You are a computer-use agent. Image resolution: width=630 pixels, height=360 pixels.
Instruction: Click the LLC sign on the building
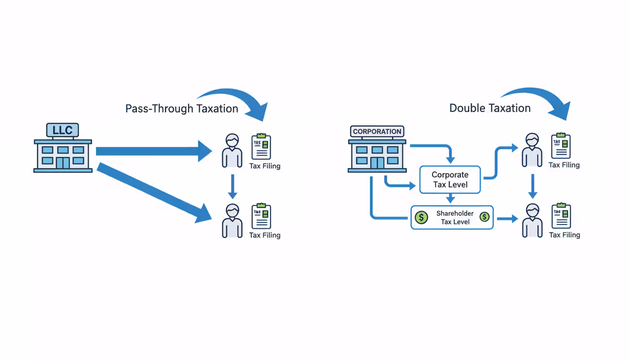(62, 130)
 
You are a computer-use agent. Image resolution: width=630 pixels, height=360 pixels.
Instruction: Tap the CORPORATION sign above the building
(377, 132)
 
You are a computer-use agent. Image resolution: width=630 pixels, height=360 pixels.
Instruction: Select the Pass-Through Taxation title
(181, 109)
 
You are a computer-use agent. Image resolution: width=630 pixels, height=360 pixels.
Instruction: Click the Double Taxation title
(490, 108)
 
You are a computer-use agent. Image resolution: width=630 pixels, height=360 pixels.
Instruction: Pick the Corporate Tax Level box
(450, 180)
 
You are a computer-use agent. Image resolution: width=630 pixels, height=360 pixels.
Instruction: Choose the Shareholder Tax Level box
(452, 217)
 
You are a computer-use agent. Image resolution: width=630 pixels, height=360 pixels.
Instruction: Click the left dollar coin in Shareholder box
(421, 217)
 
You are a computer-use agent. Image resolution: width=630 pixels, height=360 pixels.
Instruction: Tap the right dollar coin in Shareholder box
(484, 217)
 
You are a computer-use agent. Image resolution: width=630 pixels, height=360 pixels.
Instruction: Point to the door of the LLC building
(63, 162)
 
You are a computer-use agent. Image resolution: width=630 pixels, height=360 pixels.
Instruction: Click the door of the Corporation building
(377, 162)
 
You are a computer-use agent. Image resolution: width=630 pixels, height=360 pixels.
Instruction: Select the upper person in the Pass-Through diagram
(232, 150)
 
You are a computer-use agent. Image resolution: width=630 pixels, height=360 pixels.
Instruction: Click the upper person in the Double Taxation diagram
(532, 150)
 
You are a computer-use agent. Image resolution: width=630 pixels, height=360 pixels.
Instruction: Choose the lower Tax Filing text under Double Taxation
(564, 235)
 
